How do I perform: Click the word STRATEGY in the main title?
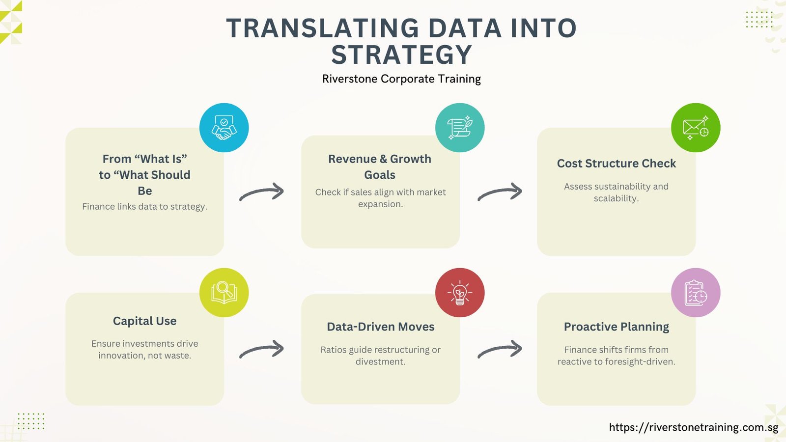(x=401, y=55)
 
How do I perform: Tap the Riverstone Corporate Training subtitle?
(x=401, y=79)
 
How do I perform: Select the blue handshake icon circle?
(x=224, y=127)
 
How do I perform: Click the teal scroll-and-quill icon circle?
(x=460, y=127)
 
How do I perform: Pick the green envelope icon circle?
(x=696, y=127)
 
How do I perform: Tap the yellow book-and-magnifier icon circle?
(x=224, y=293)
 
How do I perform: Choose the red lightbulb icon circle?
(x=460, y=293)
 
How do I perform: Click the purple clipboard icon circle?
(x=696, y=293)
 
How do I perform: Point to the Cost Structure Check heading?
(x=616, y=164)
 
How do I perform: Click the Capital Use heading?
(x=144, y=321)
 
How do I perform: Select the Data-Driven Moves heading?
(x=380, y=327)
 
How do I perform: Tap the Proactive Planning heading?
(x=616, y=327)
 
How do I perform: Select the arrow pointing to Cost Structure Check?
(x=500, y=191)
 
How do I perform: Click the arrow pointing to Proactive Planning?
(x=500, y=349)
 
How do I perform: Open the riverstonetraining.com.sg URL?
(x=694, y=427)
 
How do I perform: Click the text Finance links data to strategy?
(x=144, y=207)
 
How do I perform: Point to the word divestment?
(x=380, y=361)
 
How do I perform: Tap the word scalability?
(x=616, y=198)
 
